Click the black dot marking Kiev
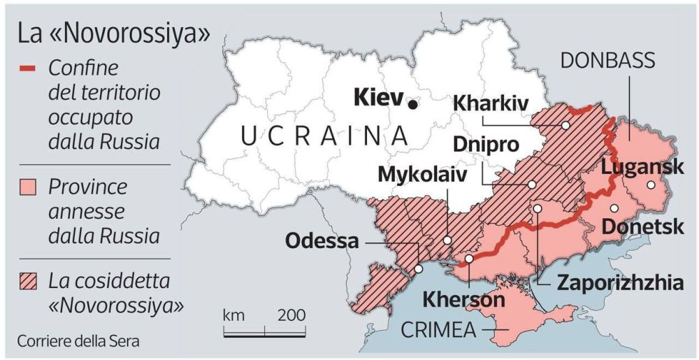tap(413, 104)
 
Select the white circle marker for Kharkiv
tap(564, 126)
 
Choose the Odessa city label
tap(322, 241)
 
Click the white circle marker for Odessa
tap(418, 268)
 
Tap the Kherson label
tap(463, 300)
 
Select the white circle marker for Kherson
tap(469, 258)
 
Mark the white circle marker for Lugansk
tap(651, 185)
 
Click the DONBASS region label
tap(607, 61)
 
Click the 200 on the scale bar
tap(291, 315)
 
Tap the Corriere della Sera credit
tap(78, 342)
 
